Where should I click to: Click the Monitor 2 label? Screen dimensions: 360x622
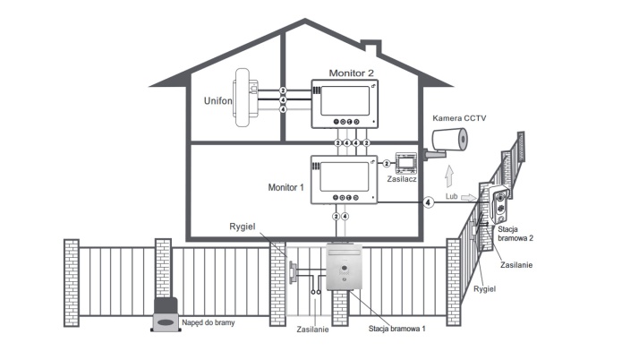(351, 73)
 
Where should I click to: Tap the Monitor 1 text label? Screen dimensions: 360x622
(287, 189)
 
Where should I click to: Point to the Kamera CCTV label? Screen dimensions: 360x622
(460, 118)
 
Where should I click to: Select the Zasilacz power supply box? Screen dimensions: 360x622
(405, 162)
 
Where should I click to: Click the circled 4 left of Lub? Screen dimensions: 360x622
(429, 202)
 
